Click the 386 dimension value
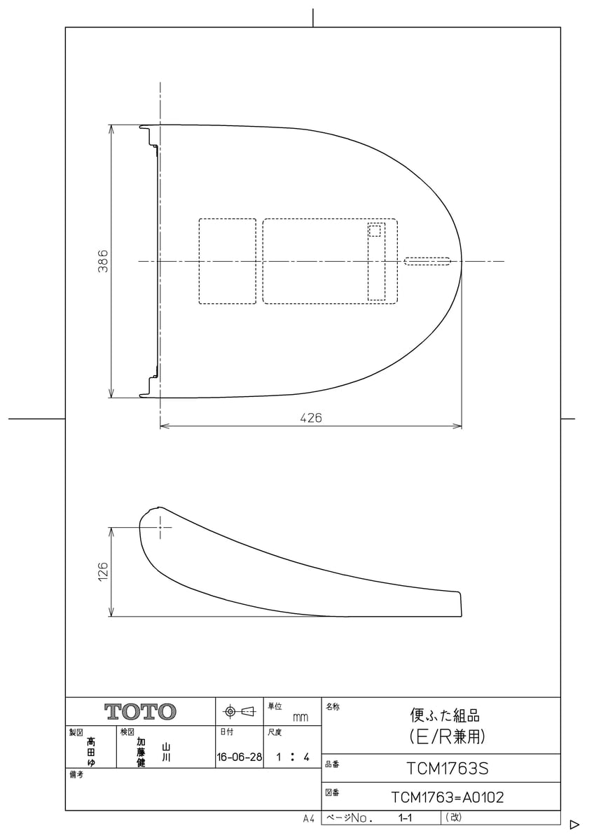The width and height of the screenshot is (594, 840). point(103,261)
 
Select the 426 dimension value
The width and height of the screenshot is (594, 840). point(311,417)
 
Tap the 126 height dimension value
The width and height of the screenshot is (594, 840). point(103,571)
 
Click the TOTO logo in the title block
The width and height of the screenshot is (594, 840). point(140,711)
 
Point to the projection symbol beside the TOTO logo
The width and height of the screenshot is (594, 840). point(239,711)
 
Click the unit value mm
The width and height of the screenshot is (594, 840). point(301,717)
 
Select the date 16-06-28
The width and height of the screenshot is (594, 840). point(239,757)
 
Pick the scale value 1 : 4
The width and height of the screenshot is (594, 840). point(293,757)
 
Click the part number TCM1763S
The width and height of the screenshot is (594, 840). point(448,769)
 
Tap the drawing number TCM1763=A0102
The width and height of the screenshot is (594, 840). point(448,797)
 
